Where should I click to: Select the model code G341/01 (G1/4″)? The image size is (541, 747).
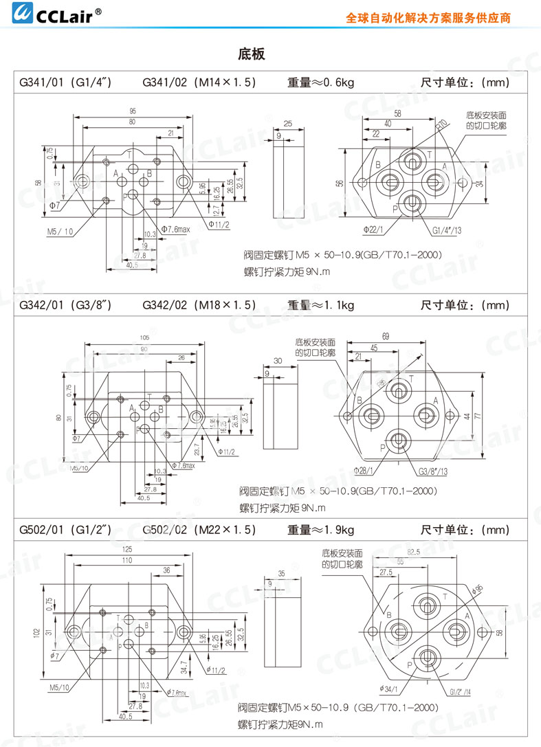(65, 82)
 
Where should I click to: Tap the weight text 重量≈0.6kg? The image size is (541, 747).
(320, 82)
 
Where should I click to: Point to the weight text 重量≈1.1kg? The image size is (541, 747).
(320, 304)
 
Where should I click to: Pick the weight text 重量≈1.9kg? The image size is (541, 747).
(320, 530)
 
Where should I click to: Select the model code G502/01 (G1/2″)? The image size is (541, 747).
(65, 530)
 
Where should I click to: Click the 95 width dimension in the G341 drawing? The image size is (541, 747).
(132, 111)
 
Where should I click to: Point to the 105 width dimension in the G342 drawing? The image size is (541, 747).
(144, 337)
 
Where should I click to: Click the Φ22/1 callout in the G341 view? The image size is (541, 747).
(373, 226)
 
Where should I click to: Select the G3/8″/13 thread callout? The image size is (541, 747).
(432, 470)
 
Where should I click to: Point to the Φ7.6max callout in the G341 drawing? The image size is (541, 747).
(175, 229)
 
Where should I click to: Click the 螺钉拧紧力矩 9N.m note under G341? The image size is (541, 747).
(287, 272)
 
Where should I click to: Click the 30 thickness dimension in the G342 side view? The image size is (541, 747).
(278, 360)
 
